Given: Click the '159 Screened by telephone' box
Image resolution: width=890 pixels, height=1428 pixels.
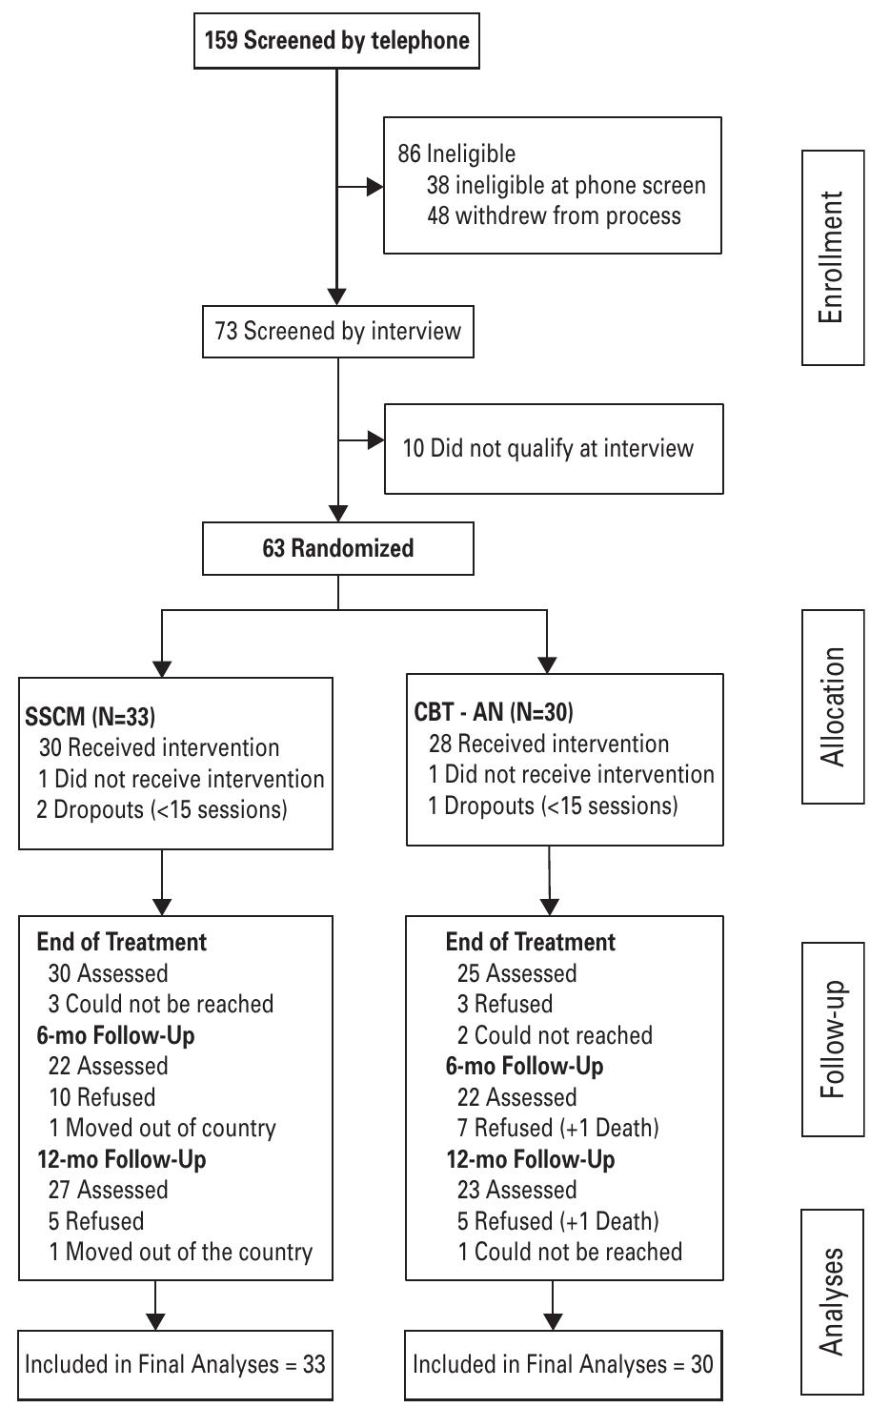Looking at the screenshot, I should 336,41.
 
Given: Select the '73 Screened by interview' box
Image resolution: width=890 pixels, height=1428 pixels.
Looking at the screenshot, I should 337,331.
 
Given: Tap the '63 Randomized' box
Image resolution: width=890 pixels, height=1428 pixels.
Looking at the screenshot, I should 337,548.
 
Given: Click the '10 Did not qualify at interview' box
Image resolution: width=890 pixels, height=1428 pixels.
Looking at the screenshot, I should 553,449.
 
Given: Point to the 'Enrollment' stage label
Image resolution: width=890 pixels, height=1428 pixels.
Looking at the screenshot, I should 832,257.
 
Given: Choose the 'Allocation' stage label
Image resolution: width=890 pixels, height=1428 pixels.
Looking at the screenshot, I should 832,706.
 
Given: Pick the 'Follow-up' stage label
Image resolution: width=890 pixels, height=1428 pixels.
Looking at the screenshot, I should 832,1039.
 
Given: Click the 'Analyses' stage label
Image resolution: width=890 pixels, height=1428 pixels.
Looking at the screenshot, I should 832,1300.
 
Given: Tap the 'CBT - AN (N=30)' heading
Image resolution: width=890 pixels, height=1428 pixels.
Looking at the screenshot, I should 494,712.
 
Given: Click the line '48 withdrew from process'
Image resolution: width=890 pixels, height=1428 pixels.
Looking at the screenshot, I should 554,215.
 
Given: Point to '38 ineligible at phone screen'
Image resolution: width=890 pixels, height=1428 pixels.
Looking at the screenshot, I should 566,185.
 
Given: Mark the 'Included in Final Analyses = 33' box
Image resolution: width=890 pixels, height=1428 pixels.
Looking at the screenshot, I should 175,1364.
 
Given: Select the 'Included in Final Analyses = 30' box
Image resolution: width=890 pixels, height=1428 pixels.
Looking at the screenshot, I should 562,1364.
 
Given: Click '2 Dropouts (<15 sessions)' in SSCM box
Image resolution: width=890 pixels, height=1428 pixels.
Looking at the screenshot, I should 162,810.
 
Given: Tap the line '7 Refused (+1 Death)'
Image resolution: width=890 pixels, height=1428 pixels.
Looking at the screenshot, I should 557,1129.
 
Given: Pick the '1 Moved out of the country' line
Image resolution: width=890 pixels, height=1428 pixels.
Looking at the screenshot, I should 180,1253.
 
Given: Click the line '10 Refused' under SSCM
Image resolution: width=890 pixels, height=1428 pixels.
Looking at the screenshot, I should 102,1097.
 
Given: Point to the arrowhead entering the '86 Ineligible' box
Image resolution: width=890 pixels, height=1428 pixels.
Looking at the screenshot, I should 374,187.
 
